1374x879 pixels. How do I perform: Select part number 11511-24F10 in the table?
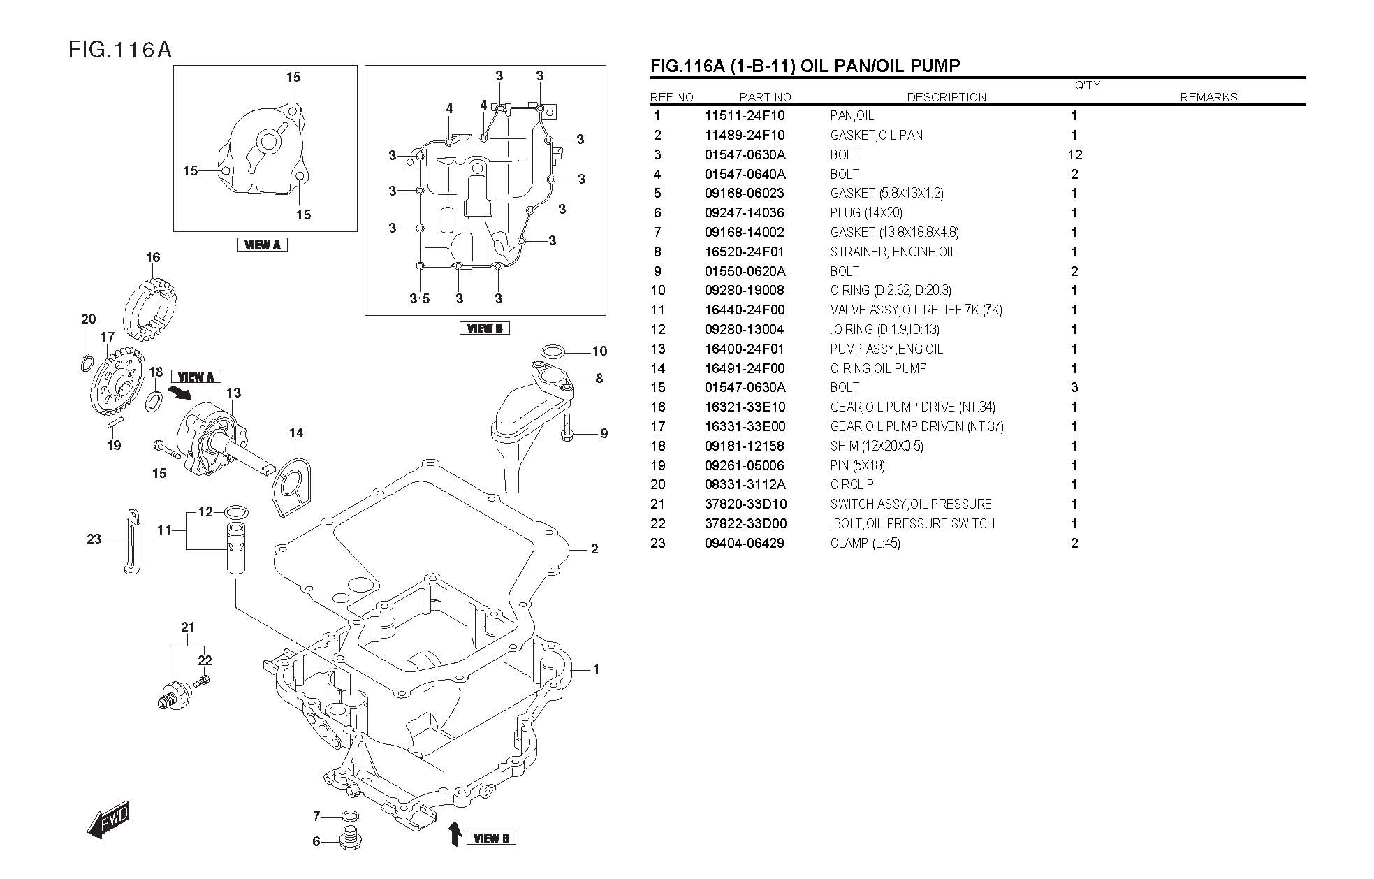click(745, 116)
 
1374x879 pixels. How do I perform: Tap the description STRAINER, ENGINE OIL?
click(893, 252)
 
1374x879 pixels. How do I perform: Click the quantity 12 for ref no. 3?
click(1074, 154)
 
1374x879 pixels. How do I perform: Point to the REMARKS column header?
click(1208, 97)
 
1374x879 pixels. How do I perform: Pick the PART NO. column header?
click(766, 97)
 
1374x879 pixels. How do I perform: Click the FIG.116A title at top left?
click(120, 50)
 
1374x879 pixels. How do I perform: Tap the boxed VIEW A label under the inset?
click(263, 245)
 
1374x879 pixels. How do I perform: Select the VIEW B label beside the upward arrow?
click(491, 838)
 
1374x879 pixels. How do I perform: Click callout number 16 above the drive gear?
click(153, 257)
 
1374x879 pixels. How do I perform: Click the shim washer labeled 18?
click(155, 401)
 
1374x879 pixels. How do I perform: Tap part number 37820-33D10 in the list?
click(745, 504)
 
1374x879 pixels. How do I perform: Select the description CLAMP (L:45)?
click(865, 543)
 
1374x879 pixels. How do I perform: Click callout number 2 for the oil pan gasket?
click(594, 549)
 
